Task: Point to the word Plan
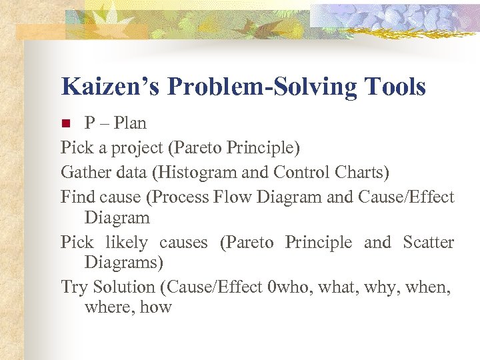point(129,123)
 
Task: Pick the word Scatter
point(428,242)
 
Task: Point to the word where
point(109,307)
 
